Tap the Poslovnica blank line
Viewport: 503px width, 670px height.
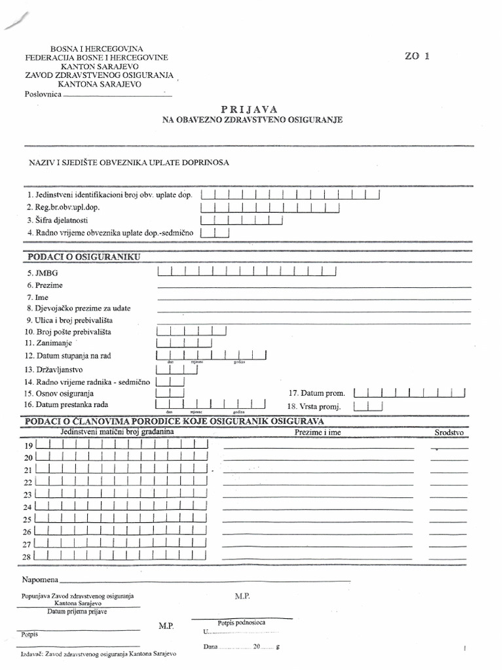click(117, 96)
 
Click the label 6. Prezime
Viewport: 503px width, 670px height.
click(45, 285)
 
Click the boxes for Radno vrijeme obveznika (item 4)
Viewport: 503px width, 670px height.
click(215, 232)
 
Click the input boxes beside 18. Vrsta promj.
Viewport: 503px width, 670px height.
click(367, 406)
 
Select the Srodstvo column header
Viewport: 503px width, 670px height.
click(449, 433)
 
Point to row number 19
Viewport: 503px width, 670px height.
click(28, 446)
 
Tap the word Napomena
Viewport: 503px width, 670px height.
click(40, 580)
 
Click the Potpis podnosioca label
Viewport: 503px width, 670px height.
click(241, 622)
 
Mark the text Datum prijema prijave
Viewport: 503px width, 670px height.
click(77, 612)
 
